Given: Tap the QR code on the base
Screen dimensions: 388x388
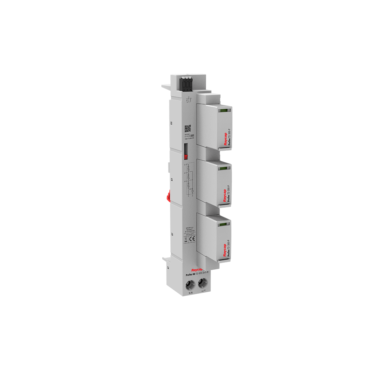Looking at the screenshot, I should coord(188,128).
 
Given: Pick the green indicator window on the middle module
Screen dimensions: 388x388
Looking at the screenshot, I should coord(223,168).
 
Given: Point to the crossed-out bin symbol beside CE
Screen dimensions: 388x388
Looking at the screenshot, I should coord(186,240).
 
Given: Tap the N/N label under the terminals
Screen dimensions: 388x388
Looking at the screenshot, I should coord(190,293).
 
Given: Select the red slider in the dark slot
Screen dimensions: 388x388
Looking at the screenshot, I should coord(186,157).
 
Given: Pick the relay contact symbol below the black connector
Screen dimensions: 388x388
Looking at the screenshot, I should coord(189,100).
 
